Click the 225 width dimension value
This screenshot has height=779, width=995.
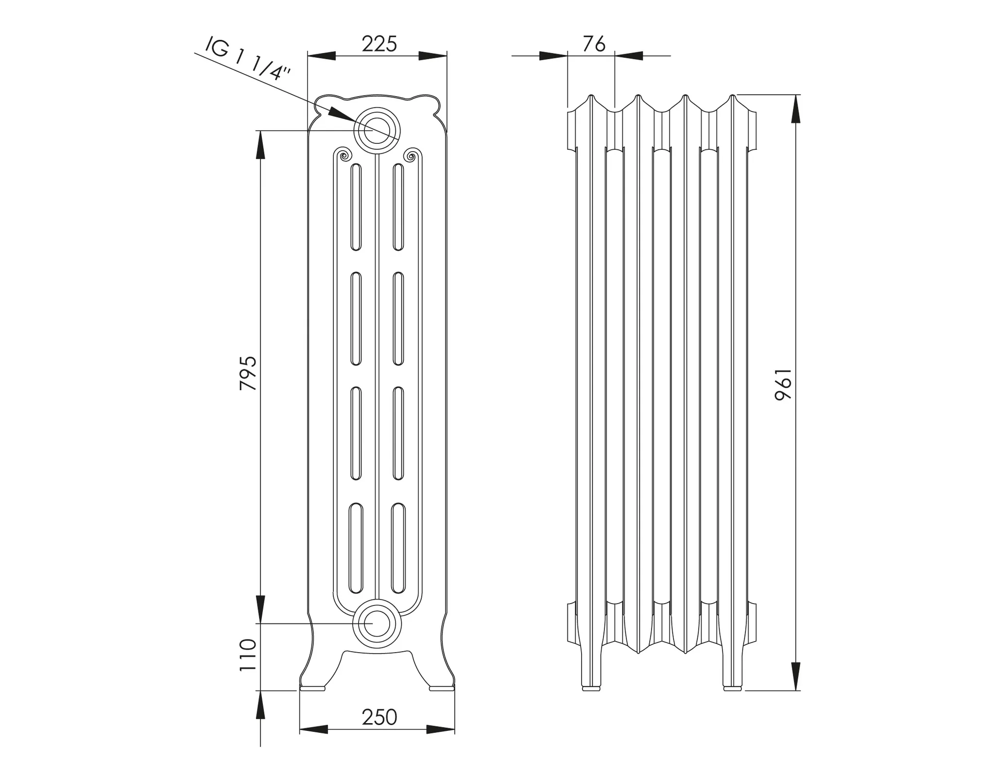379,44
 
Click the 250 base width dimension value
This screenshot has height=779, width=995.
379,717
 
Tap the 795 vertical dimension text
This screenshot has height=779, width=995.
248,373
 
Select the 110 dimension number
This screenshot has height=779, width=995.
248,656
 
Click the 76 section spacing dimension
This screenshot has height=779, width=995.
594,44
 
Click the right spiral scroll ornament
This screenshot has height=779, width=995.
410,156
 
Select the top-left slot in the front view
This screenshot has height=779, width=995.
356,207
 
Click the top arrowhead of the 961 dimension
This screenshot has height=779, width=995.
795,109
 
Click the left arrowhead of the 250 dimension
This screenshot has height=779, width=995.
314,729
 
